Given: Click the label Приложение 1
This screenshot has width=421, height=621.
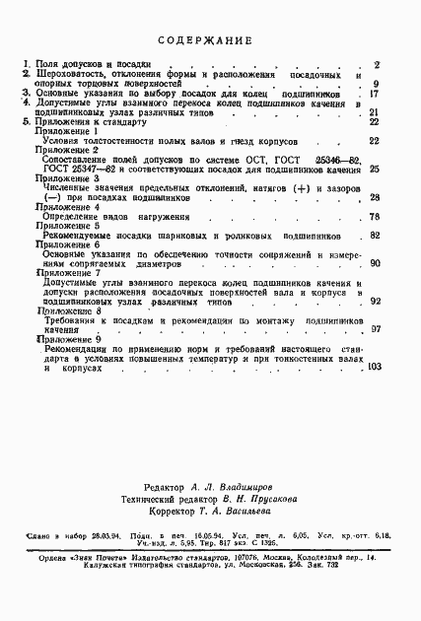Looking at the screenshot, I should click(66, 131).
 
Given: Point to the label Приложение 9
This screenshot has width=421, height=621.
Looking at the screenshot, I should click(66, 339).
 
